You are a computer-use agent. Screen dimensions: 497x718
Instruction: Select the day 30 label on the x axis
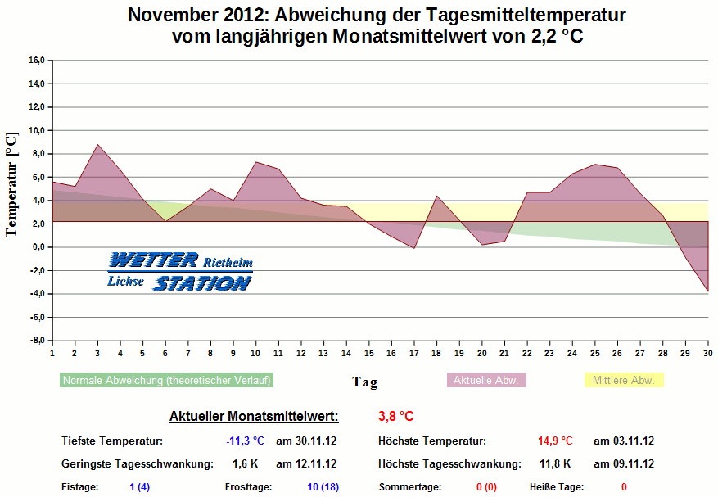(707, 352)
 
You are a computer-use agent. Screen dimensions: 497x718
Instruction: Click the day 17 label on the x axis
(414, 352)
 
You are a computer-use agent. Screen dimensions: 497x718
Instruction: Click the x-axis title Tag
(365, 382)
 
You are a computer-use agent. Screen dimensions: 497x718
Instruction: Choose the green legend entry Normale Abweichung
(166, 380)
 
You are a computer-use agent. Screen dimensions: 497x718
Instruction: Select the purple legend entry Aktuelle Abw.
(485, 380)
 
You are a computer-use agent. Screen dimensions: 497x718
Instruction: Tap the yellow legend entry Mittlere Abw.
(623, 380)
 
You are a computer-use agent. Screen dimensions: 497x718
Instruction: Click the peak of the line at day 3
(97, 145)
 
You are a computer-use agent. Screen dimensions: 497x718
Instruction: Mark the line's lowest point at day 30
(707, 291)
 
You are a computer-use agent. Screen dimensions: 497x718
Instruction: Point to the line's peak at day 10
(256, 162)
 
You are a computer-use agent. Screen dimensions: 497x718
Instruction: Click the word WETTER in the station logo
(153, 260)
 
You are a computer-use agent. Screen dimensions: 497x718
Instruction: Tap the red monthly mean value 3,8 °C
(396, 416)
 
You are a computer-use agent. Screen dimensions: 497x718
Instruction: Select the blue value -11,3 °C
(245, 441)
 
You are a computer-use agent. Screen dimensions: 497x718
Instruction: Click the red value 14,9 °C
(555, 441)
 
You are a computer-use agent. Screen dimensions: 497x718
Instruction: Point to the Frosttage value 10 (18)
(323, 486)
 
